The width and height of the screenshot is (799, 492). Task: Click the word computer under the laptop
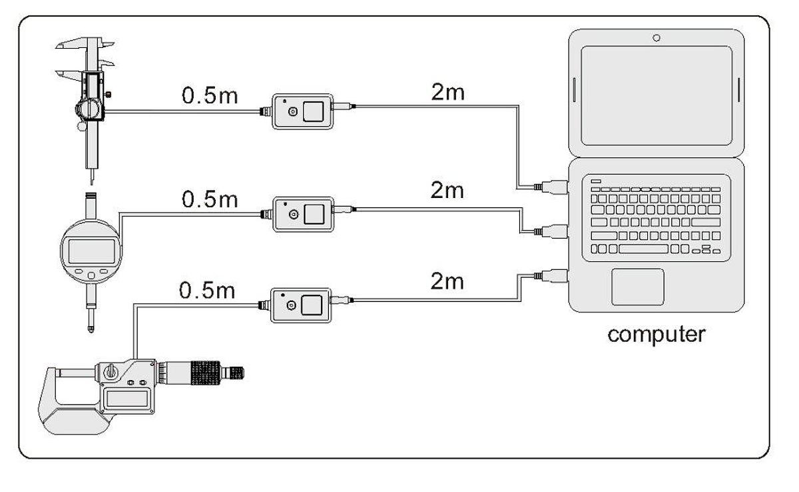(655, 333)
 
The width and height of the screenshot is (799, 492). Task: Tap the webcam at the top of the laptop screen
(657, 38)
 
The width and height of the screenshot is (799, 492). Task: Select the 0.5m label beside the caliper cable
(210, 95)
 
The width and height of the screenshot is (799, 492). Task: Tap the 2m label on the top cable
(447, 93)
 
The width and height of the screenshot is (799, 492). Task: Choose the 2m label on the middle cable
(447, 191)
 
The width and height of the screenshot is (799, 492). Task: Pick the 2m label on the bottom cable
(447, 281)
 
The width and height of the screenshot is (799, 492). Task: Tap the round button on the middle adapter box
(292, 214)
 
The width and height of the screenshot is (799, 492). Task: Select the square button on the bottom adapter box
(313, 305)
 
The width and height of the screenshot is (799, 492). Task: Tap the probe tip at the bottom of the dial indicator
(89, 328)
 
